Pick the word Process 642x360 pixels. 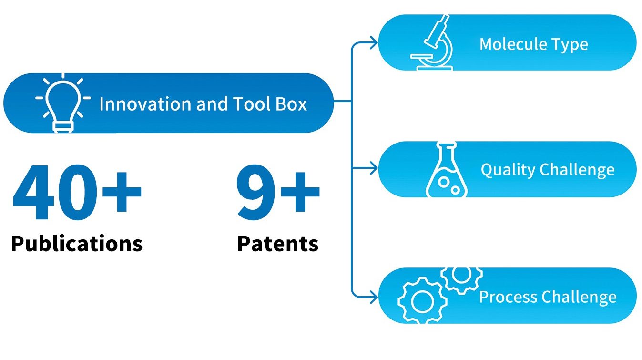click(508, 297)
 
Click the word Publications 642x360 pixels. click(76, 243)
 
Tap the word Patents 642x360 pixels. click(278, 243)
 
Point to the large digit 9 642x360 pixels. click(255, 193)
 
